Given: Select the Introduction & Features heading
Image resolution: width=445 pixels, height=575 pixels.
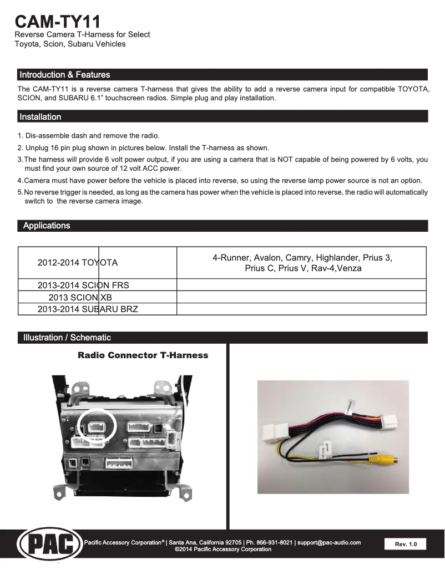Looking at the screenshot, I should [x=65, y=75].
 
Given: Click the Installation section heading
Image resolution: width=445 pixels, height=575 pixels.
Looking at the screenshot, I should [x=41, y=117].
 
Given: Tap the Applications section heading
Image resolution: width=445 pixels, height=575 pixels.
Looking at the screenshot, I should [x=47, y=226].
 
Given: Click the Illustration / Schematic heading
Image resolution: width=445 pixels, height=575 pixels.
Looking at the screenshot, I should [x=67, y=338].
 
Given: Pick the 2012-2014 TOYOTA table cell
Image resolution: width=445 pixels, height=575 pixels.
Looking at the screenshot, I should [x=78, y=263].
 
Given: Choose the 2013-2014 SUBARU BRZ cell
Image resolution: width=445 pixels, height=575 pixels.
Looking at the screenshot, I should [x=88, y=309].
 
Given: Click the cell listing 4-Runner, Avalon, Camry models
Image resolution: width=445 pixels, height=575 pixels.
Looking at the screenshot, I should [x=302, y=263].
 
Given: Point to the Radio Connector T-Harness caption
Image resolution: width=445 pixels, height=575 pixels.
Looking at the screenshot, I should [x=143, y=355].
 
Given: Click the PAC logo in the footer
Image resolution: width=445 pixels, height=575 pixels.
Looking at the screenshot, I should [x=47, y=544].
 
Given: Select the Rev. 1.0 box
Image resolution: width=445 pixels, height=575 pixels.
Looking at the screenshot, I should [x=405, y=544].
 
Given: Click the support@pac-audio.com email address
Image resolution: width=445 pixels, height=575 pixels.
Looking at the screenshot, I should [x=329, y=542].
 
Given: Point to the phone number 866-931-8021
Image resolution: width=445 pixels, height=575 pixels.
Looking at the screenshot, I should [x=273, y=542].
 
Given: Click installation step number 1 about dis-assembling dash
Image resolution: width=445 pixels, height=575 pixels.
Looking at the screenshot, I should [x=89, y=136].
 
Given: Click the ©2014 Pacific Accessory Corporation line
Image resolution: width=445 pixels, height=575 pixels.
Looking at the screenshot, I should [x=223, y=549].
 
